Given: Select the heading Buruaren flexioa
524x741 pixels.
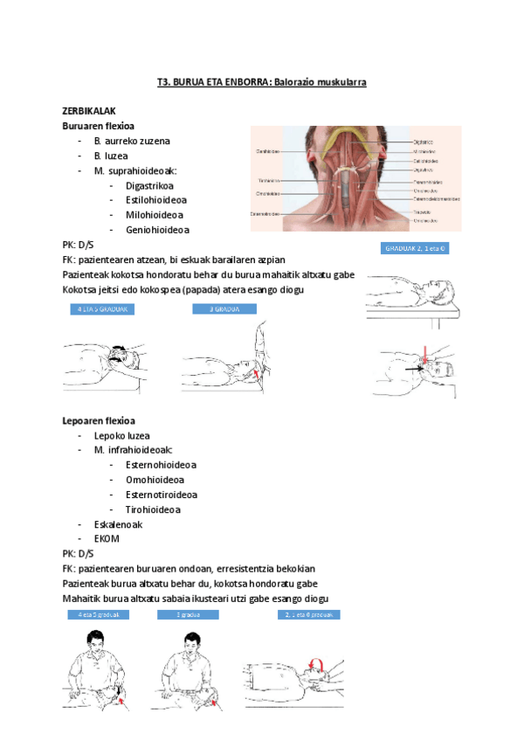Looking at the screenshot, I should tap(98, 126).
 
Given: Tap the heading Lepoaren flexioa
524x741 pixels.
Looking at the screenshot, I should tap(98, 420).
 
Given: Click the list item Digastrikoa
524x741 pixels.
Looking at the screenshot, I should tap(149, 185).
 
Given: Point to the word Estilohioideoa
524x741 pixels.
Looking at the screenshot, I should tap(155, 200).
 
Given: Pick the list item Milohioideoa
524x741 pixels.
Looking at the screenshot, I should tap(154, 215).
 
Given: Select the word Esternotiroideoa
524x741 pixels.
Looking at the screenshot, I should tap(162, 495).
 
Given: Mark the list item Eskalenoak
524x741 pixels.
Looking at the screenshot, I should tap(118, 524).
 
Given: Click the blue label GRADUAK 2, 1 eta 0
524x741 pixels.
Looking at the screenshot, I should tap(416, 249).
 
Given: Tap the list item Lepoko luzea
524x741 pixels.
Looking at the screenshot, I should tap(121, 435).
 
